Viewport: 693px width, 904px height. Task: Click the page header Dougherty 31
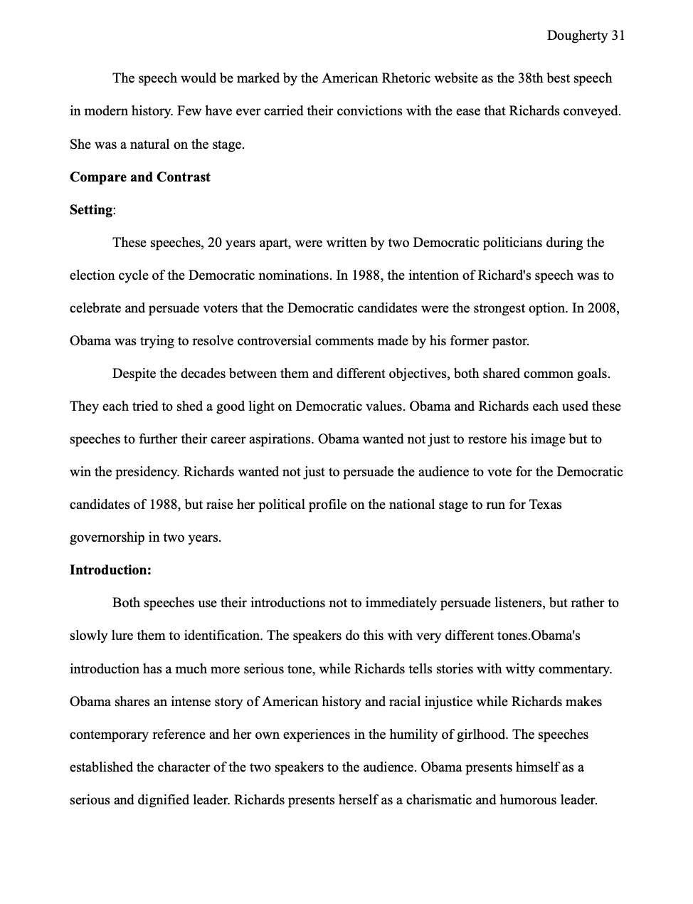(586, 35)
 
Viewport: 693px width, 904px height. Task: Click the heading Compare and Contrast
(139, 177)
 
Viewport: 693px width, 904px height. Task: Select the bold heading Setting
(91, 210)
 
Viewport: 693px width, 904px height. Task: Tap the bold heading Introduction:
(110, 570)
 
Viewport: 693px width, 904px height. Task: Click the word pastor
(510, 341)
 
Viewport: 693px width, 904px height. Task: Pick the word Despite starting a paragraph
(134, 374)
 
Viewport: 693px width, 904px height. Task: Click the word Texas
(545, 505)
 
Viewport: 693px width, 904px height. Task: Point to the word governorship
(107, 537)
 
